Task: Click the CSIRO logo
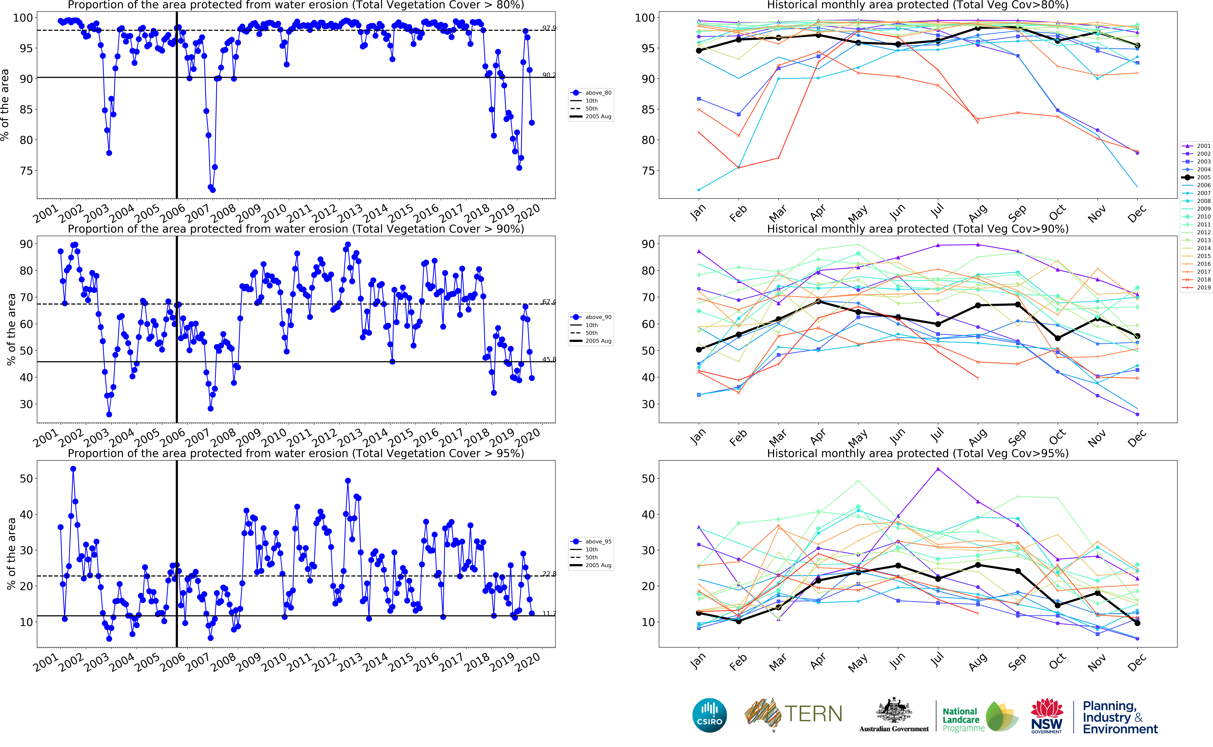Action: (x=710, y=715)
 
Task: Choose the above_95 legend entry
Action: (x=598, y=541)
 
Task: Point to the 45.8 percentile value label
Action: (x=548, y=359)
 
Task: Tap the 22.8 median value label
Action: (x=548, y=574)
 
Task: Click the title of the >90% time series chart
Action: (x=295, y=229)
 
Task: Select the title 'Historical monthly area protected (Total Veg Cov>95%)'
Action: (x=918, y=453)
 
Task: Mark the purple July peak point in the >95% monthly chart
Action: (x=938, y=469)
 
